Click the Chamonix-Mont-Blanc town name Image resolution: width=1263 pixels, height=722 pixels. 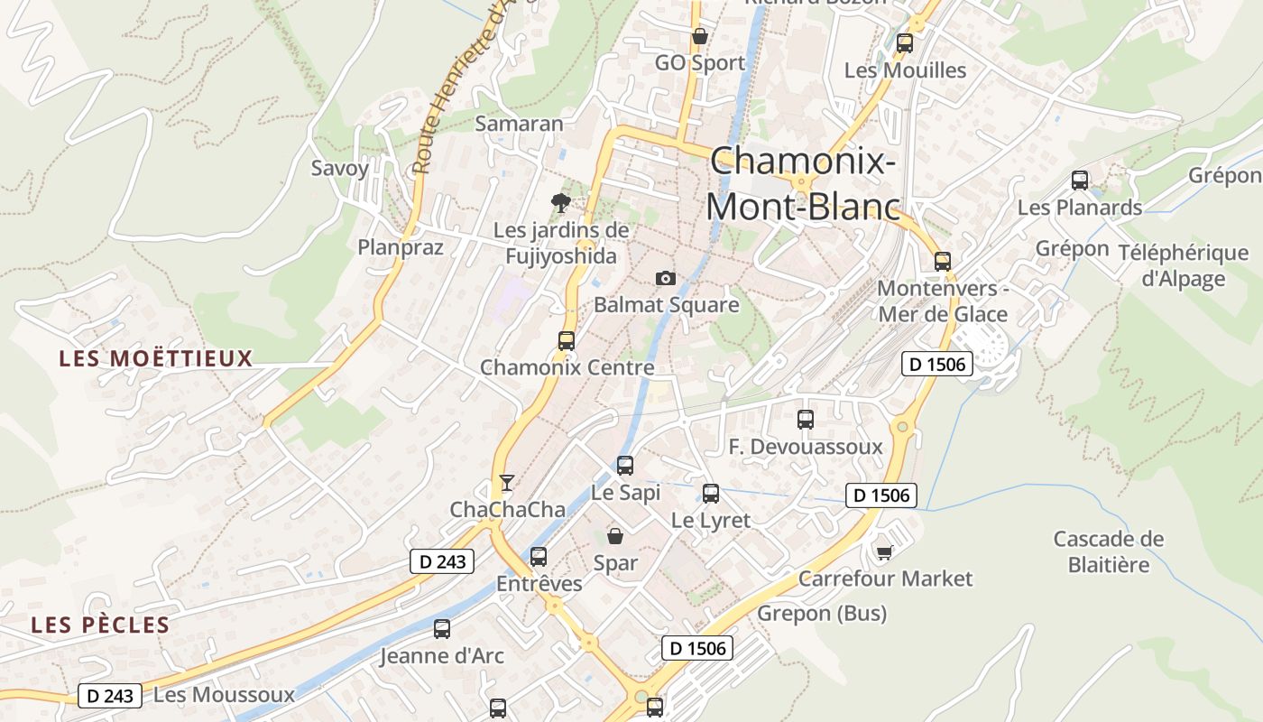point(803,184)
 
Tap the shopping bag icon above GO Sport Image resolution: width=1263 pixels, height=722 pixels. point(699,36)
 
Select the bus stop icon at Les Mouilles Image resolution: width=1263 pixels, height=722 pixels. point(905,42)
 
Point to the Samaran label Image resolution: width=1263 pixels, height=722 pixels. point(519,124)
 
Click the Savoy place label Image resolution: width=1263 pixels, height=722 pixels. point(340,168)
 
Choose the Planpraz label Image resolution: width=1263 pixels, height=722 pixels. point(401,247)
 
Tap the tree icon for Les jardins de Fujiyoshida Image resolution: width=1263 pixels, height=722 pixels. point(561,203)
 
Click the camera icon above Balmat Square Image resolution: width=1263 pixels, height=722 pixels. point(666,278)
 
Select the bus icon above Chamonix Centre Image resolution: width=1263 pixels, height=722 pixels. point(567,341)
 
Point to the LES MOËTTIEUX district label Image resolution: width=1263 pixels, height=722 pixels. point(156,358)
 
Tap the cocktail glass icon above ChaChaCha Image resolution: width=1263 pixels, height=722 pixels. point(507,483)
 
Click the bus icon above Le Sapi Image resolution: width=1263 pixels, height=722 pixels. point(625,466)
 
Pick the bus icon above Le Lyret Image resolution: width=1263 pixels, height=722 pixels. point(711,494)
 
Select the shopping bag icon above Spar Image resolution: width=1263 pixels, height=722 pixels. point(615,536)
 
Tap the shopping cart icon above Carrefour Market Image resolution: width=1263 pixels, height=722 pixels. point(885,551)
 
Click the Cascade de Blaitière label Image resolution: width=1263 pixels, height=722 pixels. point(1109,551)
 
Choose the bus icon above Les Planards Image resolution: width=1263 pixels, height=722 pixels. point(1080,180)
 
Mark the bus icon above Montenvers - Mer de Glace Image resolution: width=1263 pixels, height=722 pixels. point(943,262)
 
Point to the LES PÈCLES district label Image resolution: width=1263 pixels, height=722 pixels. point(100,625)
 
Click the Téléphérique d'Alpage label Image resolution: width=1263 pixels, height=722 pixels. point(1183,265)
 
